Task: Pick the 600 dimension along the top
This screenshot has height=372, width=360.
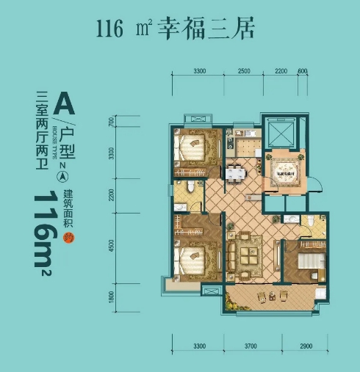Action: tap(303, 70)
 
